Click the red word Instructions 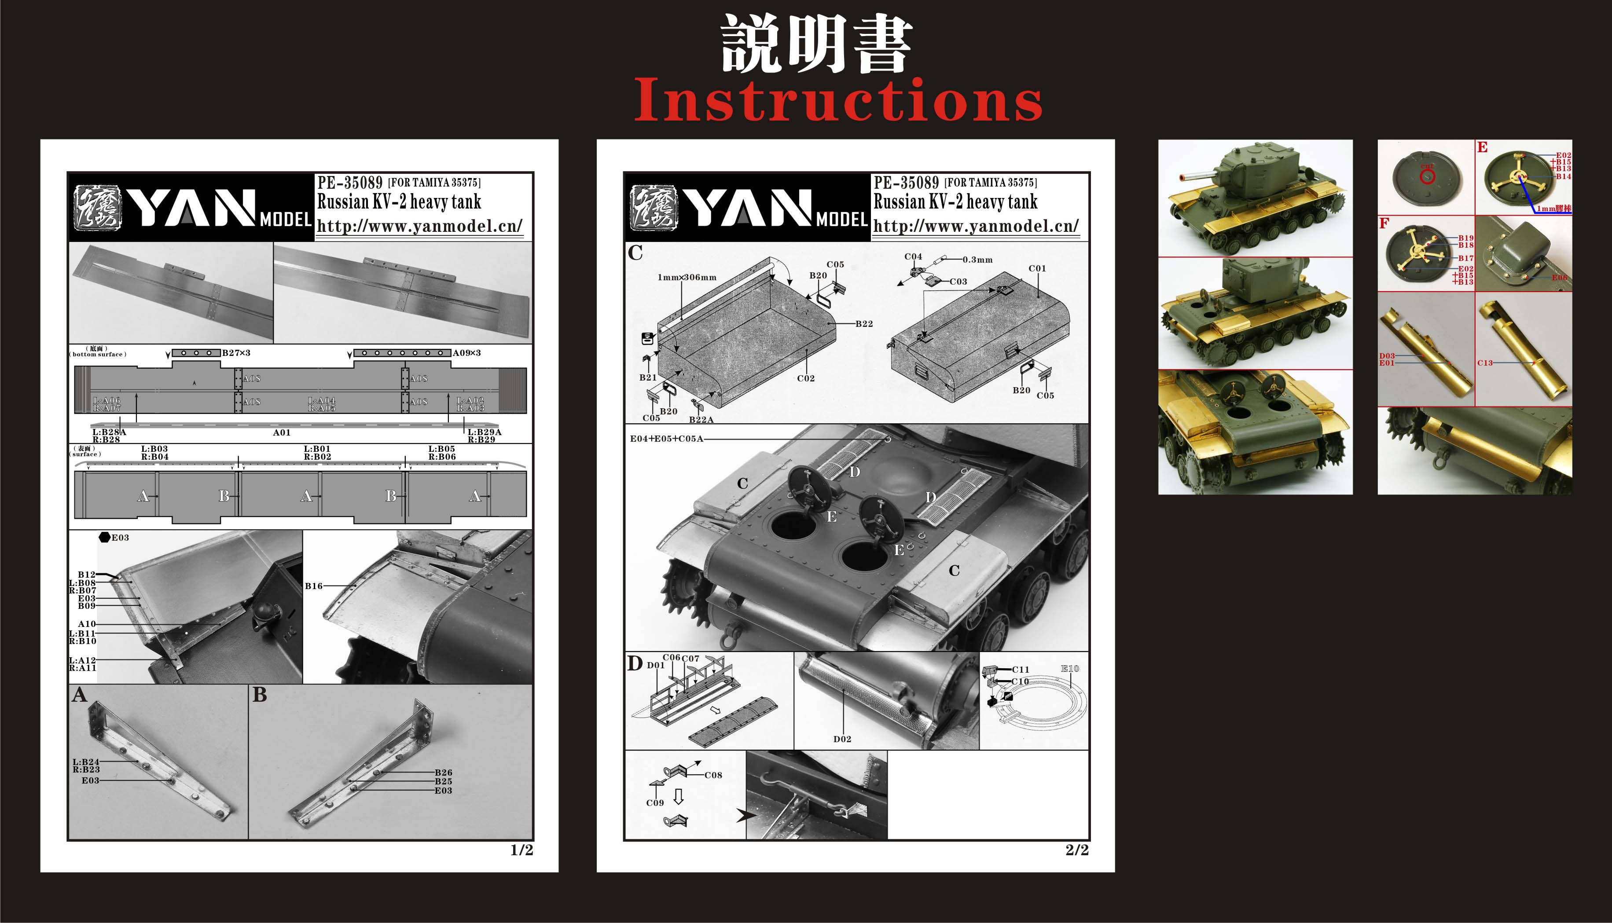838,101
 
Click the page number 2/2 1077,850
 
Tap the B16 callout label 314,586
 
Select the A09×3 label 467,352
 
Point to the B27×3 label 236,352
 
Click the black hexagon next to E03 105,538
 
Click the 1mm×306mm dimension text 687,277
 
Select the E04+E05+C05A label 666,439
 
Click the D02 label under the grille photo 842,739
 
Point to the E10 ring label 1070,669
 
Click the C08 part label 713,775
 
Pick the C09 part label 655,802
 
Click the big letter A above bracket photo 79,696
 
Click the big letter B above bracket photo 259,696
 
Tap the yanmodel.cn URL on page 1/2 419,226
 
